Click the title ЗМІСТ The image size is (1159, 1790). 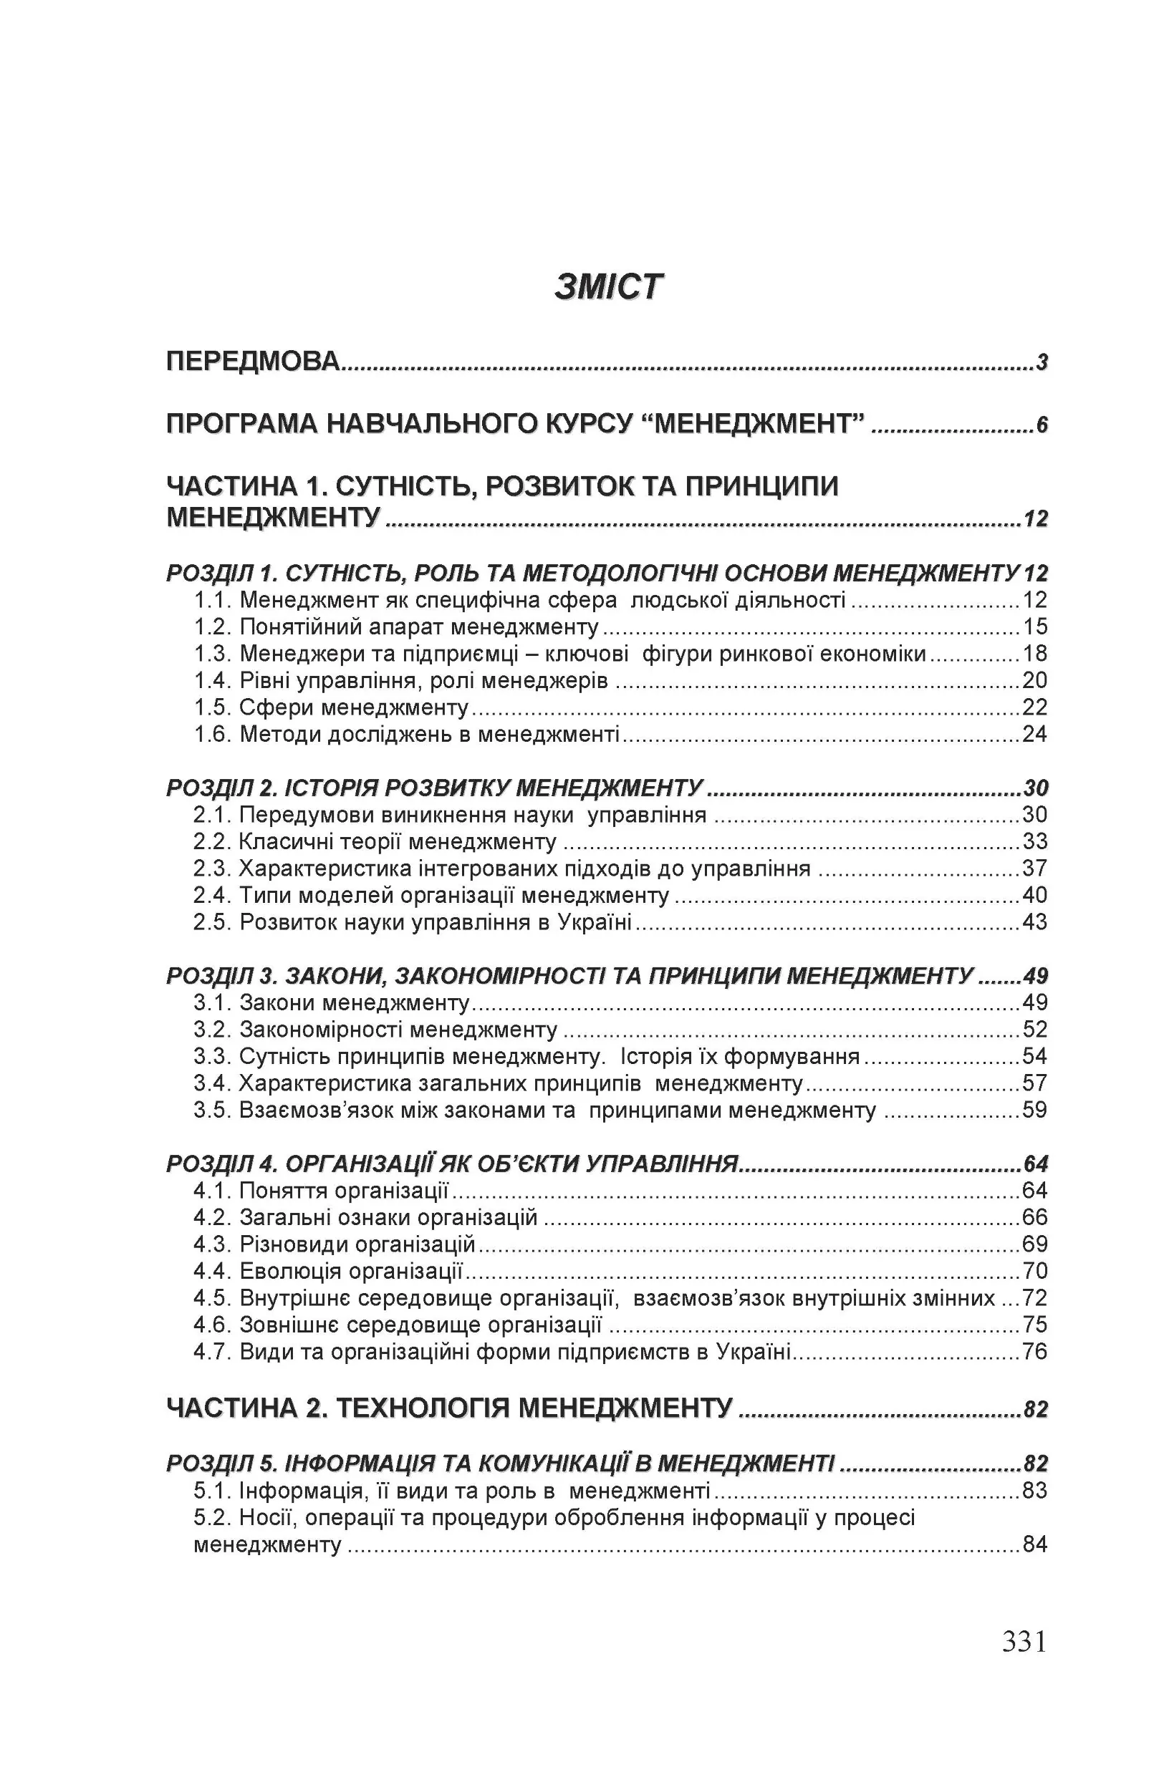608,287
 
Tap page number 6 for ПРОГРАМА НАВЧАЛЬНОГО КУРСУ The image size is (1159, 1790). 1042,426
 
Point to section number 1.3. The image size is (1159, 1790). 212,654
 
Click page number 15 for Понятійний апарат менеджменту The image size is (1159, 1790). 1035,626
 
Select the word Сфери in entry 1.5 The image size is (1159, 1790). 276,707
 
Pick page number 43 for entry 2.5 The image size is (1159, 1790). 1035,922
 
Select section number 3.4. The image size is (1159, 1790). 211,1084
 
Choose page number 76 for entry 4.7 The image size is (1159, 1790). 1035,1353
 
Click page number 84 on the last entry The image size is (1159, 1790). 1035,1545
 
